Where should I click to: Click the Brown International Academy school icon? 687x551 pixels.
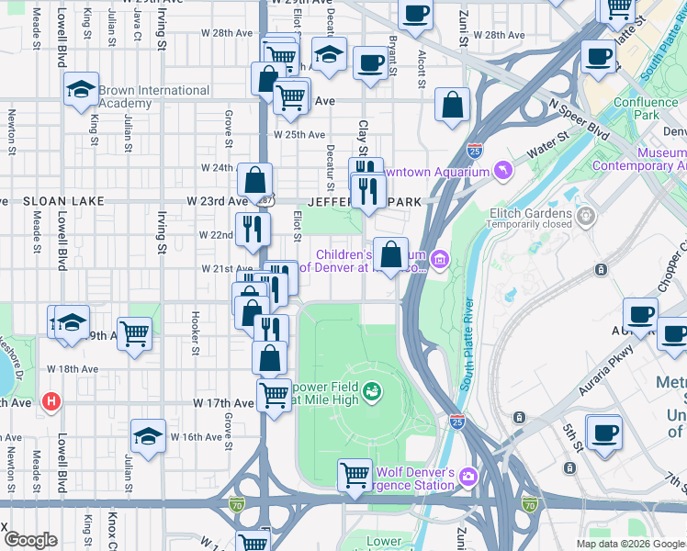81,89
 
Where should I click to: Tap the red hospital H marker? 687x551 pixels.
51,401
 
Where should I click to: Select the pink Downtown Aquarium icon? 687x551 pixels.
503,172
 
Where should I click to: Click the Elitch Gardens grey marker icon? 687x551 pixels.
585,216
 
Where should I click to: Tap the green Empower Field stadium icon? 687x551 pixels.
372,393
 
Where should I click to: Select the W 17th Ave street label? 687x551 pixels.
223,402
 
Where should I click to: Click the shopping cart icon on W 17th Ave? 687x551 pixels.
274,396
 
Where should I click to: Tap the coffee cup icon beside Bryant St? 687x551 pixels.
370,63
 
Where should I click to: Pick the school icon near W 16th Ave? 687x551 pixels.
147,436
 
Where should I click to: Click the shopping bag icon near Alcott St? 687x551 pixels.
453,106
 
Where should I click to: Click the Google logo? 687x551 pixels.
30,540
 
